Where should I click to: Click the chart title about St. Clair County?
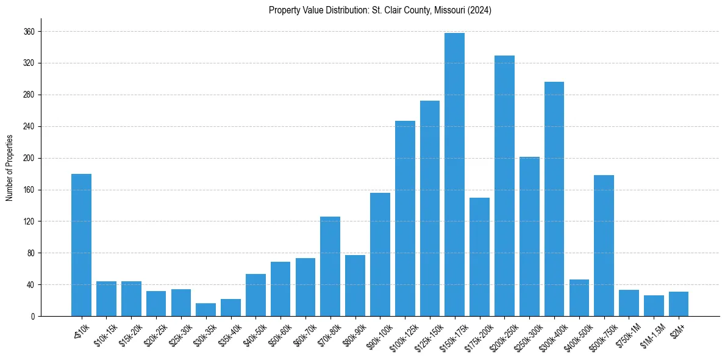tap(380, 10)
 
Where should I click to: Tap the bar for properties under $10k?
tap(81, 245)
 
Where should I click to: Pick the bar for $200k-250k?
tap(504, 185)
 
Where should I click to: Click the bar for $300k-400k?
tap(554, 199)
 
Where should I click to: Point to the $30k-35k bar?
tap(205, 309)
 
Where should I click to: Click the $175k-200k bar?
tap(479, 257)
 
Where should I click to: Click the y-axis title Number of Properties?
tap(9, 168)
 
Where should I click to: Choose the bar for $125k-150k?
tap(430, 208)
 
